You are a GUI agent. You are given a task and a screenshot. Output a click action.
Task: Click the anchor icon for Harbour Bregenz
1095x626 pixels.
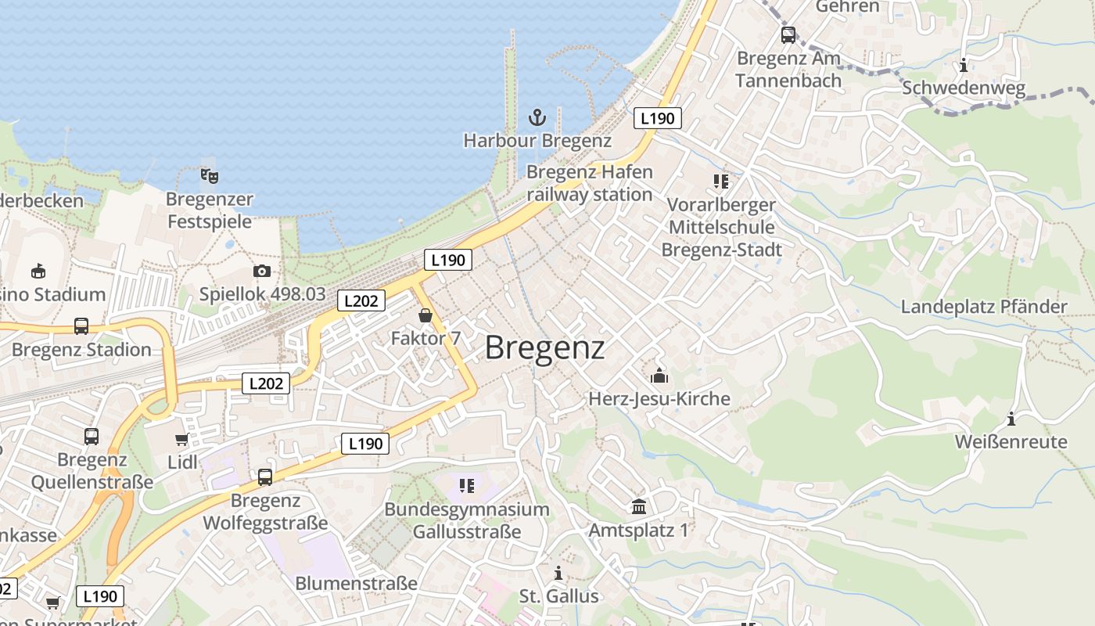[x=537, y=118]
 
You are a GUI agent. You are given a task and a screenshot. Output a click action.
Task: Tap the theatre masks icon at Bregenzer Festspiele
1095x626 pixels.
[x=209, y=175]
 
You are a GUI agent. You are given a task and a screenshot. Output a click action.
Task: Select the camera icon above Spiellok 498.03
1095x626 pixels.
[x=262, y=272]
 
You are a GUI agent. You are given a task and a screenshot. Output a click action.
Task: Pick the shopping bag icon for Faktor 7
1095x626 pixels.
[x=425, y=315]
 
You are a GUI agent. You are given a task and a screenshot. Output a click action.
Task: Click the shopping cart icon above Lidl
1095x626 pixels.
[x=182, y=440]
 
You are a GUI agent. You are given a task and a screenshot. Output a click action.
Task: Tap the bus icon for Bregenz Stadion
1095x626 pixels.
[x=81, y=326]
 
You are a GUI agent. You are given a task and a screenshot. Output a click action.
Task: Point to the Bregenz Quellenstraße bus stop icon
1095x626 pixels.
[x=92, y=436]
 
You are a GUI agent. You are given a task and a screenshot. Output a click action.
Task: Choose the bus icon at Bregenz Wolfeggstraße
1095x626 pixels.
[x=265, y=477]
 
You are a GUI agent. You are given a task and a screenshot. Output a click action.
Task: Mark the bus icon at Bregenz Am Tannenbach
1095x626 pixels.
[x=788, y=34]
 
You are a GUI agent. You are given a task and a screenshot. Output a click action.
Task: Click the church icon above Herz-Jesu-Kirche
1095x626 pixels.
[x=659, y=376]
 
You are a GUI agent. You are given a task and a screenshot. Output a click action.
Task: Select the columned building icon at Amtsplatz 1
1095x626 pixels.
[x=639, y=507]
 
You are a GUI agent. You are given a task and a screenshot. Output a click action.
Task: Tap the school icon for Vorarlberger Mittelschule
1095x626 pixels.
[x=721, y=182]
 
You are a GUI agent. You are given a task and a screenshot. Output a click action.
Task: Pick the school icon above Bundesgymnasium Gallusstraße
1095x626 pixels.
[x=467, y=486]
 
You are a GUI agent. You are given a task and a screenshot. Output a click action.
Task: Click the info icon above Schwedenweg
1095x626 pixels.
[x=964, y=65]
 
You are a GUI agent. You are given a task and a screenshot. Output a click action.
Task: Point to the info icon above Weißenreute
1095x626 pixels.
[x=1011, y=419]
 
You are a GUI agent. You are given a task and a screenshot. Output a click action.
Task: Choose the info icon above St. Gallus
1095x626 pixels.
[x=558, y=573]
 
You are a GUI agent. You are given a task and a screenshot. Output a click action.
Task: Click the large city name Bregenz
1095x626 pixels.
[x=545, y=348]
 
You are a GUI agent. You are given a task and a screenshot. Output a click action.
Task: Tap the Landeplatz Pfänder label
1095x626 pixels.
[x=984, y=307]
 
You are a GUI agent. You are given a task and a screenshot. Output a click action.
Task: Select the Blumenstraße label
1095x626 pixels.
[x=356, y=584]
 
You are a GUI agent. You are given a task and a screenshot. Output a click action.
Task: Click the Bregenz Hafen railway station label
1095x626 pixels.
[x=589, y=183]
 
